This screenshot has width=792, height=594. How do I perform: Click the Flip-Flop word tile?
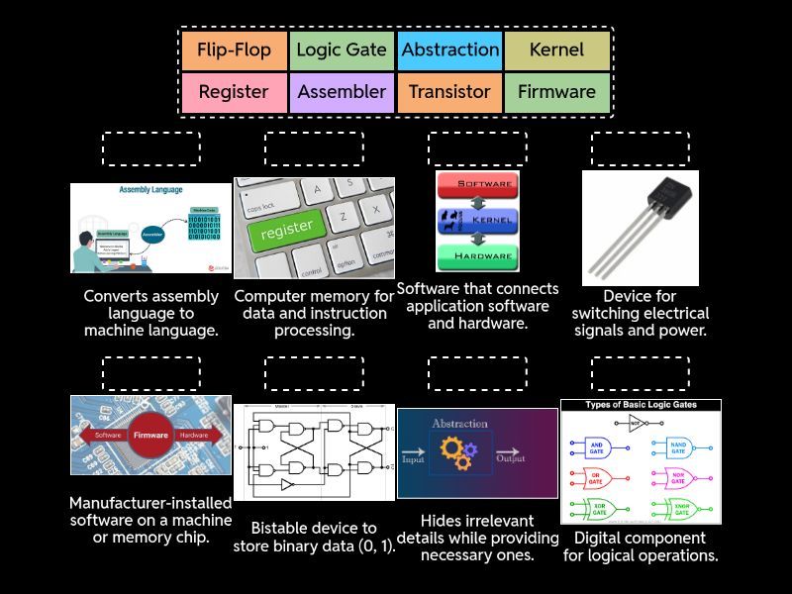coord(235,49)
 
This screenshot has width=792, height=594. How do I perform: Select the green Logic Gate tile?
coord(342,49)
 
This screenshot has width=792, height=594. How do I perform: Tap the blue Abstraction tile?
coord(449,49)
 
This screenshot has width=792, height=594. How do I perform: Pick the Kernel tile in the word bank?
coord(556,49)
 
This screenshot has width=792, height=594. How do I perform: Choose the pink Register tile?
coord(235,92)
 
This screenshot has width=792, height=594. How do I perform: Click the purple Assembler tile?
coord(342,92)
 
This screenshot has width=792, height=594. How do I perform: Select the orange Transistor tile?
coord(449,92)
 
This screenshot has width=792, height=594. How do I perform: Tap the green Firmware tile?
coord(556,92)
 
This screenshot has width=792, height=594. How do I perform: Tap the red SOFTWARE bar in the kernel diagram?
coord(477,185)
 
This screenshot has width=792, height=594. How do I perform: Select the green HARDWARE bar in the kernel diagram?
coord(477,256)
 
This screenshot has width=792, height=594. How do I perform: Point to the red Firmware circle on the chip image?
coord(151,435)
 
